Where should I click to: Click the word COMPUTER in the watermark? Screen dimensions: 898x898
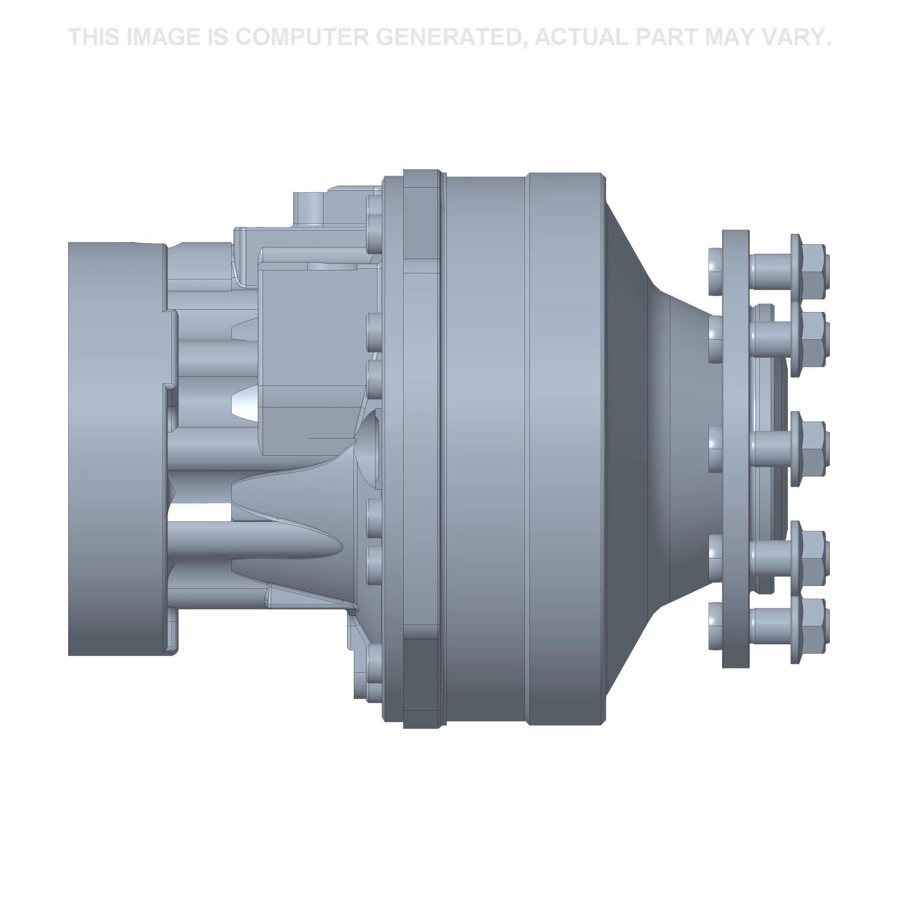pos(301,37)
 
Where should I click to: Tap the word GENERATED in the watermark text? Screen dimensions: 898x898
pos(445,37)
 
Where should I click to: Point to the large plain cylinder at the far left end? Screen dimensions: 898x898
pos(116,449)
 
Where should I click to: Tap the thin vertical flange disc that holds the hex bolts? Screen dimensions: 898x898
pos(735,449)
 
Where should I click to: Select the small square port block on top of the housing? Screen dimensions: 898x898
pos(308,207)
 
